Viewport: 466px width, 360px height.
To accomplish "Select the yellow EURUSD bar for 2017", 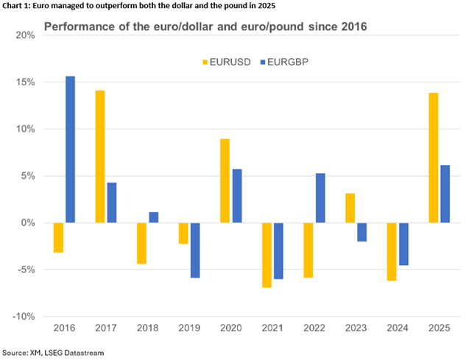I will (x=100, y=156).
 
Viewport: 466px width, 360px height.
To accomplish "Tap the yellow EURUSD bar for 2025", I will (x=434, y=158).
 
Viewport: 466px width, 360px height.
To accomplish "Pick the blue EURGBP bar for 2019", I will (x=195, y=250).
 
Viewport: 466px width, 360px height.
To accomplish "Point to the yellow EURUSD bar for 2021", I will (x=266, y=255).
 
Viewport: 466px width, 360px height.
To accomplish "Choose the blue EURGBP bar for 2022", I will (x=320, y=198).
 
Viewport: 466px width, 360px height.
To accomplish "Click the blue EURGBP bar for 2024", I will (x=403, y=244).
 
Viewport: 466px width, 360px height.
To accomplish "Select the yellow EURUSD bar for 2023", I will (x=350, y=208).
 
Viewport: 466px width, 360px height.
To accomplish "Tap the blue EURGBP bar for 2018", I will (x=154, y=217).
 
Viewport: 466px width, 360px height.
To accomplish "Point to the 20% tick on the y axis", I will (x=25, y=35).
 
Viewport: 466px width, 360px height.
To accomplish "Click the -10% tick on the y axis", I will (x=23, y=316).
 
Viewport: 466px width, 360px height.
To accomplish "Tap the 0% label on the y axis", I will (x=27, y=222).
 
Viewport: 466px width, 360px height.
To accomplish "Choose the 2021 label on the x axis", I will (x=272, y=328).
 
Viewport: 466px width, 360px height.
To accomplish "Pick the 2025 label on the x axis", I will (x=439, y=328).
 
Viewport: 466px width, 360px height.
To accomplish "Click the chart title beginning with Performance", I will (x=205, y=27).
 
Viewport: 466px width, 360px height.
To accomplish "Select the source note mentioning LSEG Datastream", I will (x=53, y=353).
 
